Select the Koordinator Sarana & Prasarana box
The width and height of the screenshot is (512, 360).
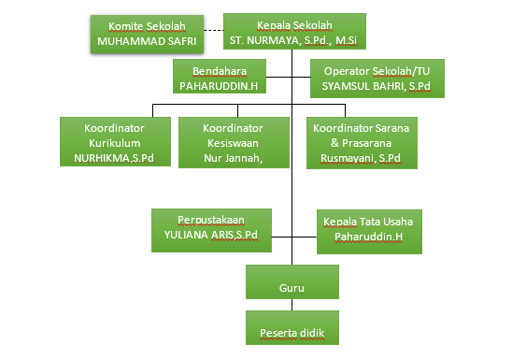(362, 143)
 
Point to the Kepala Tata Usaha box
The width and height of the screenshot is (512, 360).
(368, 230)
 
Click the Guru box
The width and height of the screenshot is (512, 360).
(291, 279)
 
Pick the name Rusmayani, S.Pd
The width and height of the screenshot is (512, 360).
(362, 159)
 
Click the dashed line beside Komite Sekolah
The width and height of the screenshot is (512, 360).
(215, 32)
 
